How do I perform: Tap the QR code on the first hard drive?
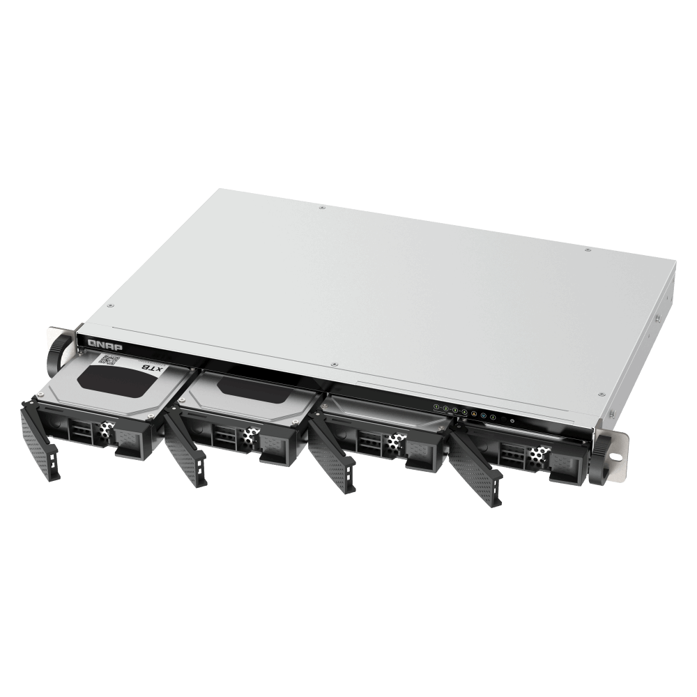pos(107,360)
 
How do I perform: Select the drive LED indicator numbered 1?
pos(436,406)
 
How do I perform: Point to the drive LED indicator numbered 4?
pos(464,412)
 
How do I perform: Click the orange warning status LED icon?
pos(474,413)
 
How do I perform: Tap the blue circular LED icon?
pos(484,415)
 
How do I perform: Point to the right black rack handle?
pos(599,459)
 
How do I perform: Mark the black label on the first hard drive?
pos(115,379)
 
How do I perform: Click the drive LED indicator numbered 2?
pos(445,408)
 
